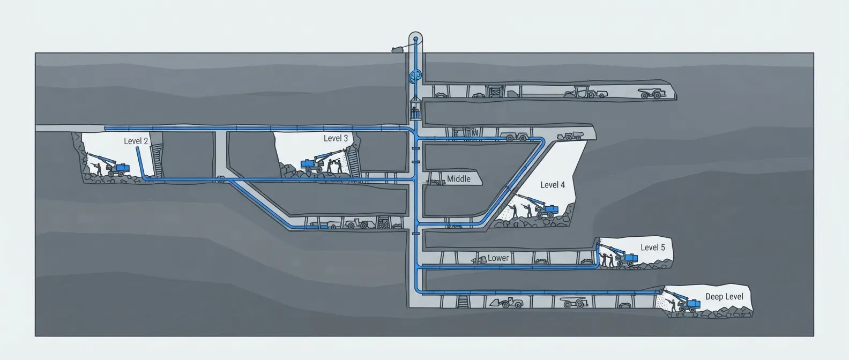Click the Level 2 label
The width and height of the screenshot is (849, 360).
point(136,141)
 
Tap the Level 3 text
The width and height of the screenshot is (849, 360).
point(336,138)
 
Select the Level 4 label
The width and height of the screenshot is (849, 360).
point(552,184)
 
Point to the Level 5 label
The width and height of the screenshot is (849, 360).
point(652,247)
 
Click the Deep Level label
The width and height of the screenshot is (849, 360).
point(724,296)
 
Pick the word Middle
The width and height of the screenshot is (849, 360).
point(458,179)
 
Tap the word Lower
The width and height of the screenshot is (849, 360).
point(498,258)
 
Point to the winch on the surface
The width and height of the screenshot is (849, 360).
point(398,49)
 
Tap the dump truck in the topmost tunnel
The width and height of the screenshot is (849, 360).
point(652,93)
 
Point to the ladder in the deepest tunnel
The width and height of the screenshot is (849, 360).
point(462,302)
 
